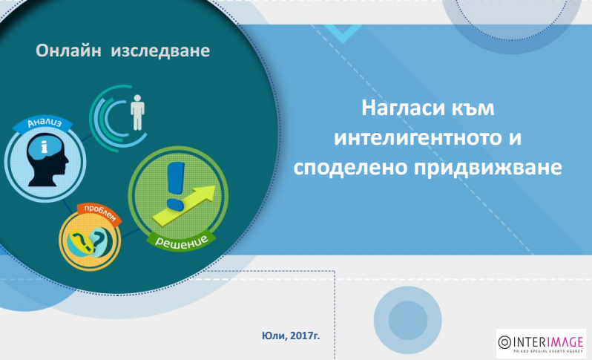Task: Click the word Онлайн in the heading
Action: click(x=68, y=50)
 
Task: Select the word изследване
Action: click(x=160, y=51)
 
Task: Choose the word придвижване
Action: click(x=488, y=168)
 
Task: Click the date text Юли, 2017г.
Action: click(x=291, y=336)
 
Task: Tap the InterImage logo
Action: click(x=541, y=344)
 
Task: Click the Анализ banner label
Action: click(x=45, y=123)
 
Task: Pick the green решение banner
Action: click(x=181, y=240)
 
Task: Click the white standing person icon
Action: click(x=137, y=113)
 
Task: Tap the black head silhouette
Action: click(x=48, y=160)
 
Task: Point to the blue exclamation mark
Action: click(x=175, y=186)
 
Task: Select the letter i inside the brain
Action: click(x=45, y=146)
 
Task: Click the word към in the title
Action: click(x=473, y=108)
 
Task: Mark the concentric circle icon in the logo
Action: click(x=504, y=342)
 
